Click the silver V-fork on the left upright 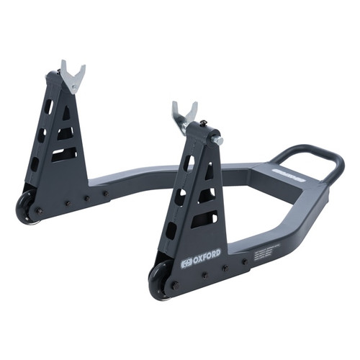72,75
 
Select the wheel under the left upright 26,210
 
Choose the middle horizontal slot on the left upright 66,133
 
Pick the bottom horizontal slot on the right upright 204,219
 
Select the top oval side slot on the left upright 48,107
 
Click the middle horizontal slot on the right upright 206,195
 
